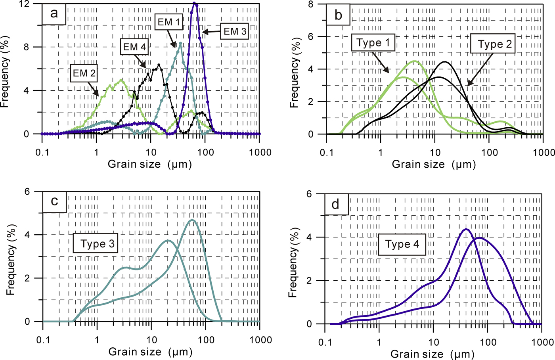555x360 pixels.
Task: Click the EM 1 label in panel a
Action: coord(168,22)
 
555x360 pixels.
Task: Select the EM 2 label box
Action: coord(84,73)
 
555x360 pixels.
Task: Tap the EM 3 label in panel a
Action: coord(235,31)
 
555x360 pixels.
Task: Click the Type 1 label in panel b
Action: coord(373,43)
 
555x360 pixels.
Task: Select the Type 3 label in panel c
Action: coord(98,244)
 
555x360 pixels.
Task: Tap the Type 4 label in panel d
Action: coord(402,244)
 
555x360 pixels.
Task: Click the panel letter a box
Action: coord(54,13)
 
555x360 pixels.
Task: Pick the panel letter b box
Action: coord(338,15)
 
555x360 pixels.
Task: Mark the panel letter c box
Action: coord(54,201)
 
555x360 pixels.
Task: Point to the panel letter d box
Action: coord(335,204)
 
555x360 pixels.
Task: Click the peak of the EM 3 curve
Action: coord(194,3)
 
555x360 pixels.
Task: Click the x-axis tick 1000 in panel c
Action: coord(260,340)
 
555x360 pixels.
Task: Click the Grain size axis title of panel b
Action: coord(434,164)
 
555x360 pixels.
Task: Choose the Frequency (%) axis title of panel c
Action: coord(11,260)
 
